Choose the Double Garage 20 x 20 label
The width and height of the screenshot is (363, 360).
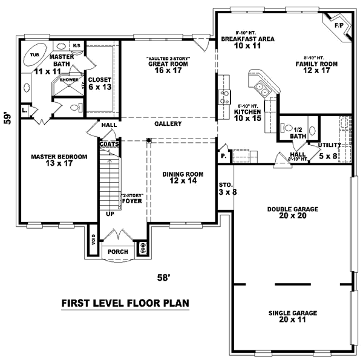click(x=293, y=212)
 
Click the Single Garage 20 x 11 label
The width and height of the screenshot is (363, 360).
click(x=293, y=316)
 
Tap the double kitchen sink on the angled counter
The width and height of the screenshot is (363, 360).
click(x=262, y=90)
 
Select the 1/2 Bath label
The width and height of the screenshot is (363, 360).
click(x=296, y=133)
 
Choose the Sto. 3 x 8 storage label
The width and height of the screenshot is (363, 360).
click(x=225, y=189)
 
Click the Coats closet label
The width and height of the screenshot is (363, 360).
click(x=109, y=145)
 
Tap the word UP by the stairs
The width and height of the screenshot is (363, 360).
click(x=110, y=214)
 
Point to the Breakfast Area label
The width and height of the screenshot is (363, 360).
click(x=247, y=42)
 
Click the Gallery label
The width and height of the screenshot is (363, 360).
click(x=168, y=123)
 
